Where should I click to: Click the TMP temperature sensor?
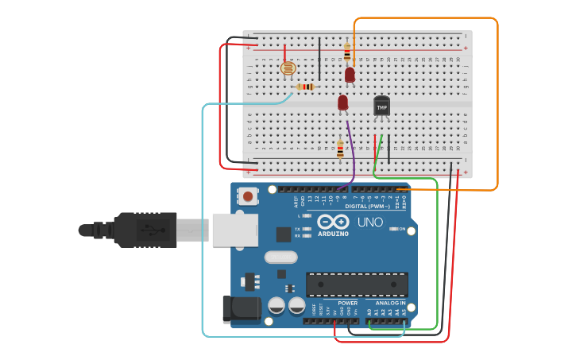pos(381,106)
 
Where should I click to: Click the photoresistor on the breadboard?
pos(288,69)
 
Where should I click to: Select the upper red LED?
pos(350,75)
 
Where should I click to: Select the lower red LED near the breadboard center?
pos(342,103)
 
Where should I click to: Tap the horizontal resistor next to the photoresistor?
pos(305,87)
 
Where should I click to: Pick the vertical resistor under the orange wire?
pos(347,53)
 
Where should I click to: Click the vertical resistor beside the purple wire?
pos(340,149)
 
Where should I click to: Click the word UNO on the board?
pos(369,223)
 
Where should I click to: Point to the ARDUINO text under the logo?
pos(333,234)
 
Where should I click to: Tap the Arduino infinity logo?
pos(333,222)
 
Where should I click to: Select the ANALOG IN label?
pos(390,303)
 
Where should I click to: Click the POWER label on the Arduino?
pos(347,303)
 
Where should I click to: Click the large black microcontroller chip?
pos(357,284)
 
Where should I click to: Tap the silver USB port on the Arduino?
pos(234,230)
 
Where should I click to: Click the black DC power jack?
pos(242,308)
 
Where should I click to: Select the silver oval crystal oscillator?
pos(280,257)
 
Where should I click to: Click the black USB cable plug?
pos(143,230)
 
